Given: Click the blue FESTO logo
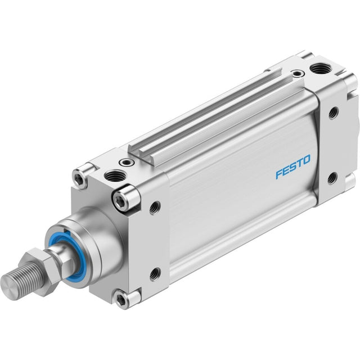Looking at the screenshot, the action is coord(292,166).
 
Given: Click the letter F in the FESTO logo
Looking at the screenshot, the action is coord(280,174).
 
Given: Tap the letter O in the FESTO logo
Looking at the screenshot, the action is coord(305,160).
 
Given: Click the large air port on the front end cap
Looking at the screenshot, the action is coord(115,176).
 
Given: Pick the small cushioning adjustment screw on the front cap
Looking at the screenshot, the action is coord(126,163).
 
